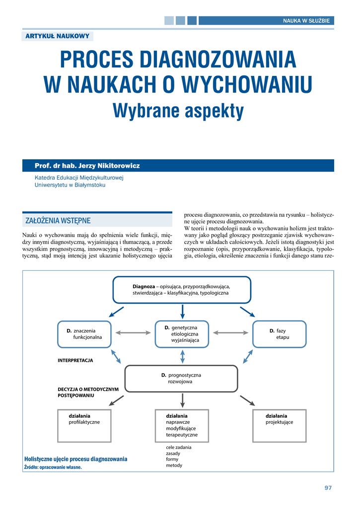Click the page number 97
[328, 488]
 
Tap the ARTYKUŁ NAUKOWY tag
[57, 36]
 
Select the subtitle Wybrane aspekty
[178, 111]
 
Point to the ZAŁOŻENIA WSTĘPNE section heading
[58, 220]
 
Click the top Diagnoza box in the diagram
[182, 290]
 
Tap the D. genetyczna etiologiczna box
[182, 334]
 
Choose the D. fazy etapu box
[279, 334]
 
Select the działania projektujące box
[279, 425]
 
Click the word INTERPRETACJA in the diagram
[75, 361]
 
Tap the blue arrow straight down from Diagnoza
[183, 311]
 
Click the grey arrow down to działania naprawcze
[183, 400]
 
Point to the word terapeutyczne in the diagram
[182, 435]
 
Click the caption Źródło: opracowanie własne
[53, 467]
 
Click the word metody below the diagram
[174, 465]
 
